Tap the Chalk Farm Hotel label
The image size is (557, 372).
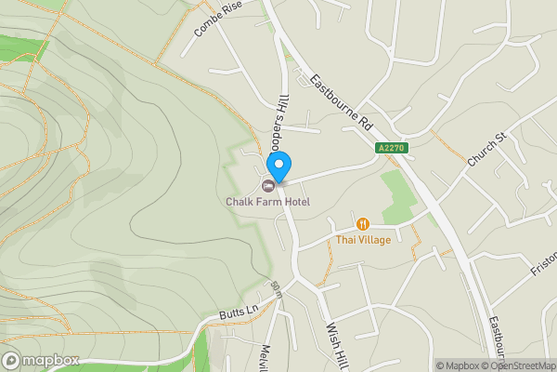pos(267,202)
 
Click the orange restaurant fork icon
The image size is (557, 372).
pos(362,223)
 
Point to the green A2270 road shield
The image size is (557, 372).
pos(392,148)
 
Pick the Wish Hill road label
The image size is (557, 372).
pos(336,344)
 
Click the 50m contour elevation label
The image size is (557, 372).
pos(275,288)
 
